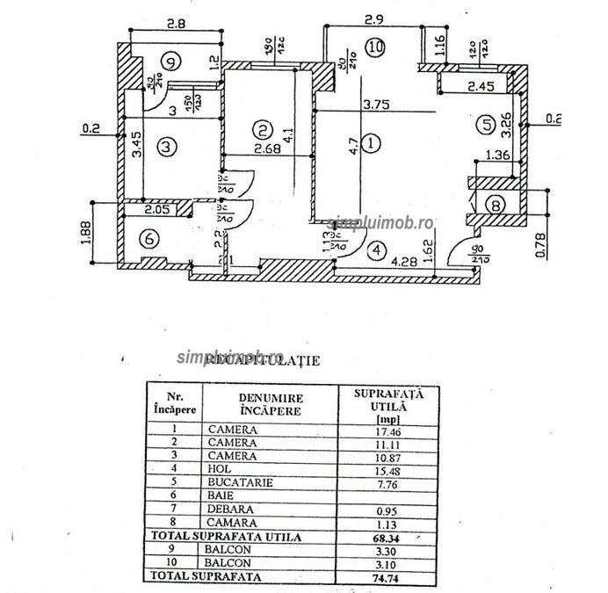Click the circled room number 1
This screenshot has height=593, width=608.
[373, 141]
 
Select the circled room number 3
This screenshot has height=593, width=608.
[169, 146]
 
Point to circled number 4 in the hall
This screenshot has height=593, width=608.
[377, 250]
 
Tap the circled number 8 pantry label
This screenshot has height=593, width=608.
[497, 206]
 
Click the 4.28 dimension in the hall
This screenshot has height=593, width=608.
[405, 261]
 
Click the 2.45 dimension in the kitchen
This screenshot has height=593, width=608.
[482, 87]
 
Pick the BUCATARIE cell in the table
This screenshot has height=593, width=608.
[242, 482]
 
